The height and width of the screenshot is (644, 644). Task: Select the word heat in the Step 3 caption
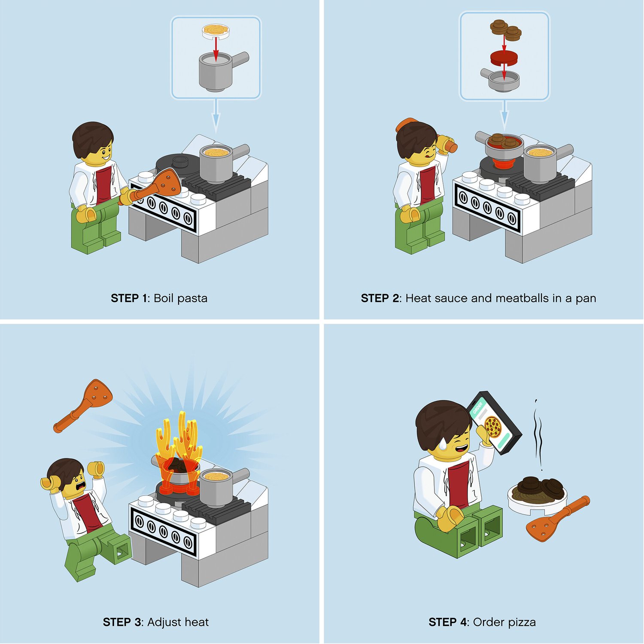pos(195,622)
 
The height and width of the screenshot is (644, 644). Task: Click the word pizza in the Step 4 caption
pos(521,622)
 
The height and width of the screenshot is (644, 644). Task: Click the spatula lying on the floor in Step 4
pos(558,519)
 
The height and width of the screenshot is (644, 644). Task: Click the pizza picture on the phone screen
pos(493,427)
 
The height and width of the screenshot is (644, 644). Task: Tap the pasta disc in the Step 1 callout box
pos(216,30)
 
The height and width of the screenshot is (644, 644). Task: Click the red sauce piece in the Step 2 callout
pos(505,57)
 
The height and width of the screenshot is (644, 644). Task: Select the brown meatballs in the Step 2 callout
pos(505,29)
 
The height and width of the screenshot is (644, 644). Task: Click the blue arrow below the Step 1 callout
pos(216,116)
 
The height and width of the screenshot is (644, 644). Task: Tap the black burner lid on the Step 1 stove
pos(178,163)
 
